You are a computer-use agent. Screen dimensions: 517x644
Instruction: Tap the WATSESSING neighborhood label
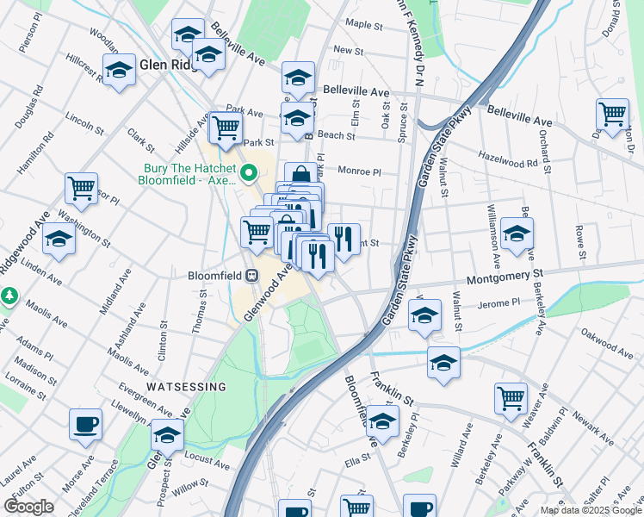click(186, 387)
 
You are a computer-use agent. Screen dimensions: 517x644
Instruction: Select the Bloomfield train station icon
click(252, 276)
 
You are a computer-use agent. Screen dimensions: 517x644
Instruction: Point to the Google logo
click(28, 507)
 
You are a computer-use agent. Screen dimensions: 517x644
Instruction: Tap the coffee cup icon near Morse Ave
click(86, 423)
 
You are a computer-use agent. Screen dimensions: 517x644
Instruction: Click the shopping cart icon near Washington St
click(81, 188)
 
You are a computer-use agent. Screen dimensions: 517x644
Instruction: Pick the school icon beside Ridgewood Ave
click(59, 239)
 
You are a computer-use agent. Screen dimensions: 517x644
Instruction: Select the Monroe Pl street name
click(358, 171)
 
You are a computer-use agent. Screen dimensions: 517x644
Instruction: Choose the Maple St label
click(363, 24)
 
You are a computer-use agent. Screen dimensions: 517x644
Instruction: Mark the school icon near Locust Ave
click(167, 434)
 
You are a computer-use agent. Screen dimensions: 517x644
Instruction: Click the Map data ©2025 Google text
click(590, 510)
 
